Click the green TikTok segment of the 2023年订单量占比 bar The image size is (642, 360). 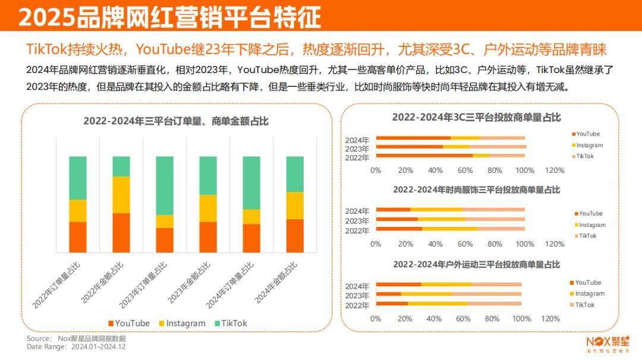pyautogui.click(x=165, y=185)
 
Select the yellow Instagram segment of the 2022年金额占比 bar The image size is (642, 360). pyautogui.click(x=121, y=194)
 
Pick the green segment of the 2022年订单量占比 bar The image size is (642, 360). pyautogui.click(x=78, y=178)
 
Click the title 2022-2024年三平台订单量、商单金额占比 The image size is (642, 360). pyautogui.click(x=176, y=121)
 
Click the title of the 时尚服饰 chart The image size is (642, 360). pyautogui.click(x=476, y=190)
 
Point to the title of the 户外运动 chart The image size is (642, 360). pyautogui.click(x=476, y=264)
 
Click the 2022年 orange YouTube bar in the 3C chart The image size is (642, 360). pyautogui.click(x=424, y=156)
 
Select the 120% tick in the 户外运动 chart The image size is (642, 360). pyautogui.click(x=550, y=318)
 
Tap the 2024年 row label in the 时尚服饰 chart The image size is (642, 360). pyautogui.click(x=358, y=210)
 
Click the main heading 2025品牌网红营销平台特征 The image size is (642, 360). pyautogui.click(x=169, y=17)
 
